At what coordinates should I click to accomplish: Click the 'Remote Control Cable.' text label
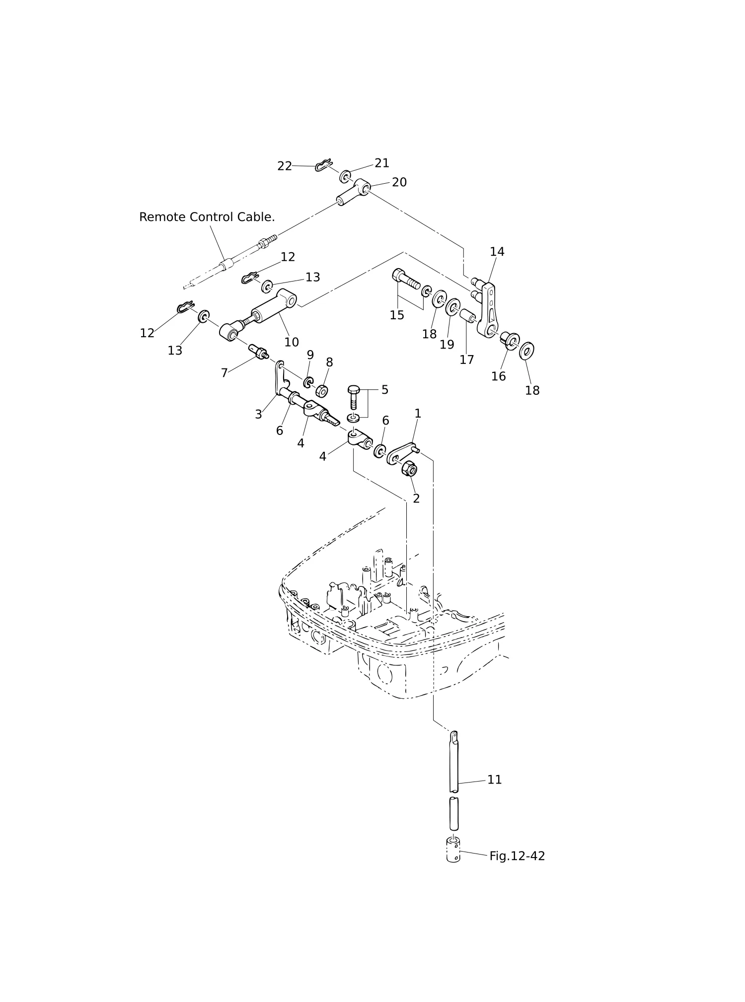(x=207, y=217)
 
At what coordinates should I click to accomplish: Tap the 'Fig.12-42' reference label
(x=517, y=856)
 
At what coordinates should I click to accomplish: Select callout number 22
(x=285, y=166)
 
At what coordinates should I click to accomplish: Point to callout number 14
(x=497, y=252)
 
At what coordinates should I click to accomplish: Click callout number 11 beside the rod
(x=494, y=780)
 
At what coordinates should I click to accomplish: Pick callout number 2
(x=416, y=499)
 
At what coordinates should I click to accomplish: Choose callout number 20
(x=399, y=182)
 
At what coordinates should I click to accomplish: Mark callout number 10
(x=292, y=342)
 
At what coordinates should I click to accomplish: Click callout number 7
(x=224, y=373)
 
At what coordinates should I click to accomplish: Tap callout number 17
(x=466, y=359)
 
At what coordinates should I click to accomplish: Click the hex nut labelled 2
(x=409, y=468)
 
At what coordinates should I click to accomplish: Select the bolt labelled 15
(x=406, y=282)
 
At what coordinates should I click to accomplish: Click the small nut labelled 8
(x=322, y=391)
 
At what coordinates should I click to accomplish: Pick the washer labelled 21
(x=345, y=176)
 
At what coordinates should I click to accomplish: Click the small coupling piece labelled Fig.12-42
(x=453, y=850)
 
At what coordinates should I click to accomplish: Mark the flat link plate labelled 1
(x=401, y=453)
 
